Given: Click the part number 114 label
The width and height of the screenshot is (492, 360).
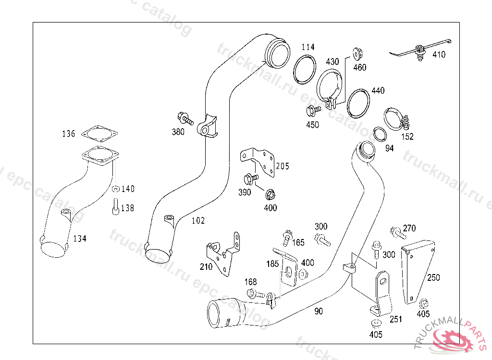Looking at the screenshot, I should [308, 47].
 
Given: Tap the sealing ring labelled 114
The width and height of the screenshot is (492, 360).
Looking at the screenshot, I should [305, 69].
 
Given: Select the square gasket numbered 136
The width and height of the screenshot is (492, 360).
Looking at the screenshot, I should [100, 133].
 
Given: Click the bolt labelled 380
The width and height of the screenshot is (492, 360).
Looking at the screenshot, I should [185, 118].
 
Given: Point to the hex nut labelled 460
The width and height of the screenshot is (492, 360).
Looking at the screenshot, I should [357, 53].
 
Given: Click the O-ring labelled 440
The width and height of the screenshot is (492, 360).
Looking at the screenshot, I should [358, 103].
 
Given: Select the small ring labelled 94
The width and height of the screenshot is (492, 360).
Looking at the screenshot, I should [380, 135].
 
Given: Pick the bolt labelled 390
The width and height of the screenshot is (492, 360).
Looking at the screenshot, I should [249, 180].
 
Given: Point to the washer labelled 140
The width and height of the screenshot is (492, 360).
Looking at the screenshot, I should [115, 188].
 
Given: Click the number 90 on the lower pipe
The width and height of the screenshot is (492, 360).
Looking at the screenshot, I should [319, 312].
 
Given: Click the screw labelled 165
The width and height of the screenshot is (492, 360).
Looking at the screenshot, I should [288, 236].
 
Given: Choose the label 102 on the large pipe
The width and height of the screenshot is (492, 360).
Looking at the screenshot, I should [198, 221].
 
